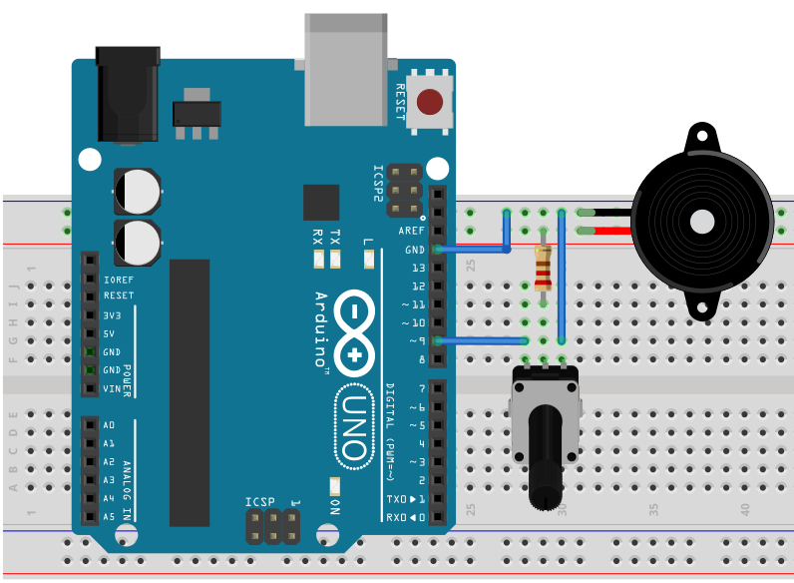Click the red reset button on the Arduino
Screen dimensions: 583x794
[x=430, y=102]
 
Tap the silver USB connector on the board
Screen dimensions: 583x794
[x=345, y=70]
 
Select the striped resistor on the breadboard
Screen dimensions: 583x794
[x=543, y=267]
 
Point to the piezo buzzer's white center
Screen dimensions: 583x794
[x=702, y=221]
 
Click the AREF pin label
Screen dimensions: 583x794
[x=412, y=230]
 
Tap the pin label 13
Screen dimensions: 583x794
[x=418, y=268]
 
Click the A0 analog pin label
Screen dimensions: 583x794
[x=109, y=425]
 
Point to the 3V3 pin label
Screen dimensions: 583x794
[x=112, y=315]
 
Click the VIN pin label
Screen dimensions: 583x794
[x=112, y=388]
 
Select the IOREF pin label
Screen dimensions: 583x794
[x=118, y=280]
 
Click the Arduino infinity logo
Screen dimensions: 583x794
[x=354, y=330]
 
